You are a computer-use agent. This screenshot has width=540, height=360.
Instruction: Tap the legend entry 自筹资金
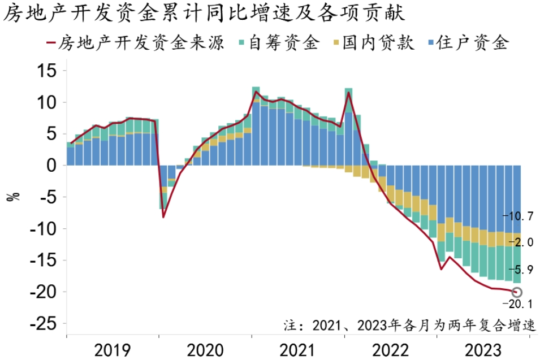[286, 43]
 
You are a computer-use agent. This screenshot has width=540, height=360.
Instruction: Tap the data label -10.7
[517, 216]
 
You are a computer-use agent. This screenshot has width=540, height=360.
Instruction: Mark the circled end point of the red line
[517, 292]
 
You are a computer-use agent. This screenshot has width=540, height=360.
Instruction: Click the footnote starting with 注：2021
[408, 326]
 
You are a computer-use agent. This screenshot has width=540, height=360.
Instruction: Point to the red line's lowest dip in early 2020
[163, 217]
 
